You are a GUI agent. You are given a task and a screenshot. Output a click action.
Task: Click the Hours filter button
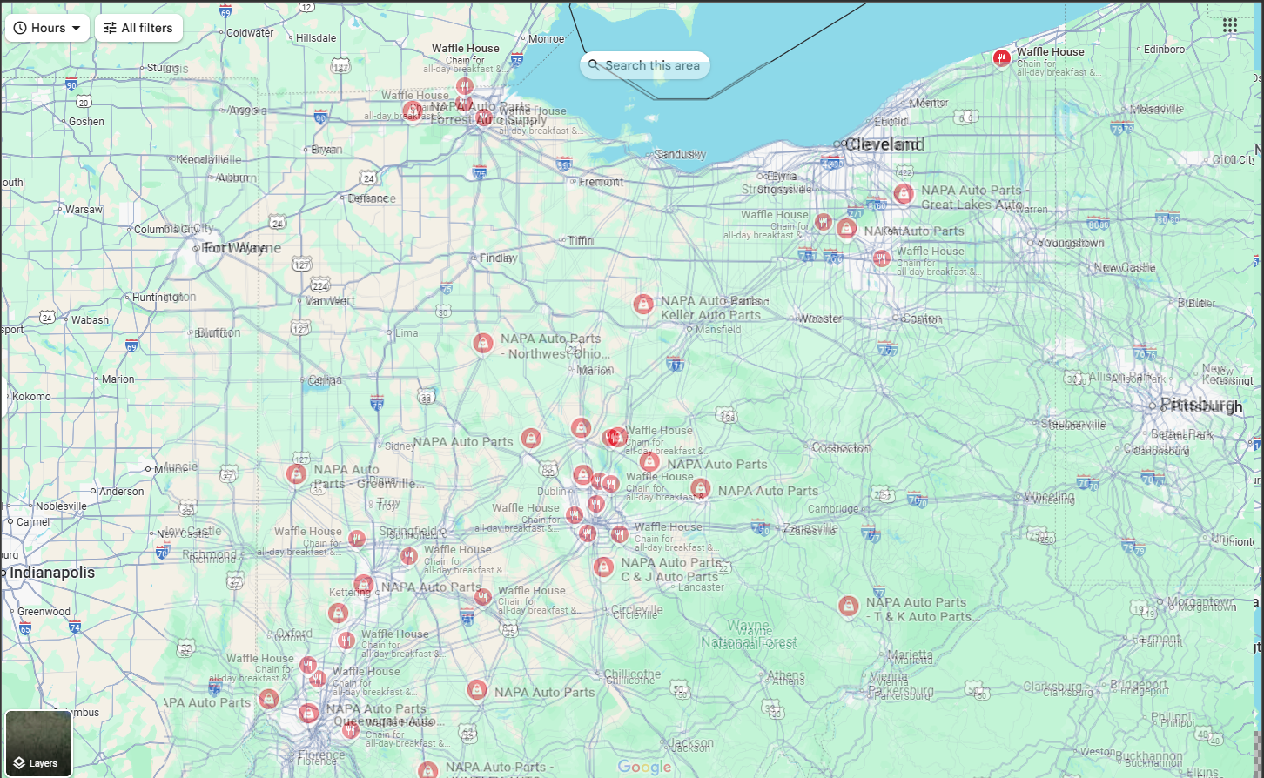[47, 28]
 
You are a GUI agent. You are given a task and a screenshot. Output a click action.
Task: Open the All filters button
[138, 28]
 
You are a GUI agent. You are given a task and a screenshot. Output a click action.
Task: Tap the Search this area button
[644, 65]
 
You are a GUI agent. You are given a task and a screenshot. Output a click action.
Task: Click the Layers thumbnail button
[38, 743]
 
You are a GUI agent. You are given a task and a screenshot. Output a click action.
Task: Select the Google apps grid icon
[1229, 26]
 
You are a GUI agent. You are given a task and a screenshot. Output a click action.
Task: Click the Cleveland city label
[884, 144]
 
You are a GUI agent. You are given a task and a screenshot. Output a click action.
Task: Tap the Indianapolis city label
[52, 573]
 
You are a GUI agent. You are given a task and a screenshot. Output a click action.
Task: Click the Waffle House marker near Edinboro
[1001, 58]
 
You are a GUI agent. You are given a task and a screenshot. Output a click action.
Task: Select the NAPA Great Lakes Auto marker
[904, 194]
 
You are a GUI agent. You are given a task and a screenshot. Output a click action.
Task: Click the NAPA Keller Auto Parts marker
[642, 305]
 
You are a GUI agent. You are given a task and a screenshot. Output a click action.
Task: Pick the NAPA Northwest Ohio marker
[483, 343]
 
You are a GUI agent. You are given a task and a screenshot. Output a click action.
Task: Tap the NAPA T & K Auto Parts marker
[848, 606]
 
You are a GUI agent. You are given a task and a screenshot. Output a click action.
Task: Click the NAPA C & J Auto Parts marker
[603, 567]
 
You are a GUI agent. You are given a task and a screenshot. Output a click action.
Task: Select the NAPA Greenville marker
[296, 474]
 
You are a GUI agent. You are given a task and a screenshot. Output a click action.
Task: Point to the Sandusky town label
[680, 155]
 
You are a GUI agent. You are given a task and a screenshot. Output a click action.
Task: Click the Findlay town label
[498, 258]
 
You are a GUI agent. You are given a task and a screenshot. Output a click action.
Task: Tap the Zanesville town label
[810, 529]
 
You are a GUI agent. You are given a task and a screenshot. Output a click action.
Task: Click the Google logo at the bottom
[645, 767]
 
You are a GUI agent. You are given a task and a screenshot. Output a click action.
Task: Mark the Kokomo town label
[30, 397]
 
